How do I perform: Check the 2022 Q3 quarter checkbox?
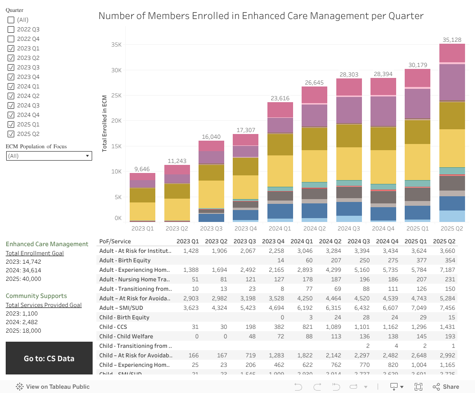point(11,29)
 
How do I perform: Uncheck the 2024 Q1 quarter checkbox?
point(11,86)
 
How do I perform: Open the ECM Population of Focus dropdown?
point(49,156)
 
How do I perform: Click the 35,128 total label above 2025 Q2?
point(452,40)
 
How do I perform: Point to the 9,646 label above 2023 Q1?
point(142,169)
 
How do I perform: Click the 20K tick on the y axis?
point(116,121)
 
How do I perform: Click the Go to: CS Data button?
point(49,358)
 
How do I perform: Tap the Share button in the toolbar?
point(446,387)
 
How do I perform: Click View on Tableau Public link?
point(53,387)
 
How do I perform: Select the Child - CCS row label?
point(113,327)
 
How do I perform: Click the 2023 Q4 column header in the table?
point(273,241)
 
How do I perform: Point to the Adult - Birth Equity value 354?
point(449,260)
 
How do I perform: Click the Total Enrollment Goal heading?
point(35,253)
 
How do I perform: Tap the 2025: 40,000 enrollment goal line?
point(23,279)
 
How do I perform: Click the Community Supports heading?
point(36,296)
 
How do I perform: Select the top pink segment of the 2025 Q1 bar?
point(418,77)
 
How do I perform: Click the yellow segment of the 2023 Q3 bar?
point(211,194)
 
